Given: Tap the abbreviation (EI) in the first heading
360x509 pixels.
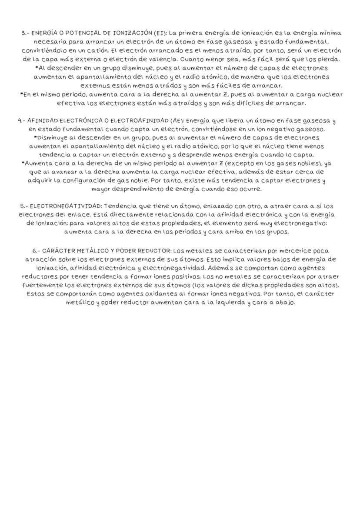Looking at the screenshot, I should coord(160,33).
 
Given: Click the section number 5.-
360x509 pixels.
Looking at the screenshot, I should coord(24,206).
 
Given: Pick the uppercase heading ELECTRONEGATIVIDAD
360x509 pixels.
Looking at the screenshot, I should coord(66,206).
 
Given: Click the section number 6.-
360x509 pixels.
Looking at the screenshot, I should coord(37,251).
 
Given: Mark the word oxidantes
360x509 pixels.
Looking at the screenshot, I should coord(163,294).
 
